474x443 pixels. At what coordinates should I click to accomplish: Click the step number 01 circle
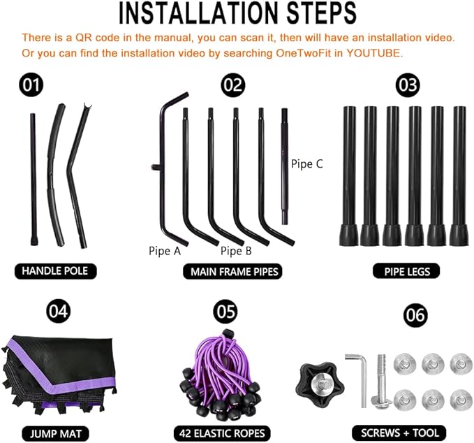tap(31, 85)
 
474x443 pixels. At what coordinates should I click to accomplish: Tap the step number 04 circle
tap(58, 311)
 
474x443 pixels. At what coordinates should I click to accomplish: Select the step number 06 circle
tap(415, 315)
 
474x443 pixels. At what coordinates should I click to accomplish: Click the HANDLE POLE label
tap(55, 271)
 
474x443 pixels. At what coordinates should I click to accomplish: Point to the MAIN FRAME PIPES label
tap(233, 271)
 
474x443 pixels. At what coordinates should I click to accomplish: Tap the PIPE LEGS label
tap(406, 271)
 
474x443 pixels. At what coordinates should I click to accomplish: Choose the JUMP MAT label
tap(56, 433)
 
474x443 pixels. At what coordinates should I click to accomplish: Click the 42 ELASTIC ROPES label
tap(222, 433)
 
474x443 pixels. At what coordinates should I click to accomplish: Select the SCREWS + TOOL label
tap(399, 433)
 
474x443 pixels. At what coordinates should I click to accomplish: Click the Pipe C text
tap(307, 164)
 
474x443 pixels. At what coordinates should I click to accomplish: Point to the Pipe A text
tap(165, 251)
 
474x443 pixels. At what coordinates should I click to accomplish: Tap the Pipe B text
tap(236, 251)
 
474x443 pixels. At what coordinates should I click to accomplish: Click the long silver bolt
tap(381, 382)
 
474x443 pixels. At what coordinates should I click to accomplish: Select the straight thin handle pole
tap(34, 180)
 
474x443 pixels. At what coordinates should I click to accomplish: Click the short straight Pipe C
tap(284, 166)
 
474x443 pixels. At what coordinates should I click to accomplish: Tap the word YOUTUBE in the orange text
tap(374, 53)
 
